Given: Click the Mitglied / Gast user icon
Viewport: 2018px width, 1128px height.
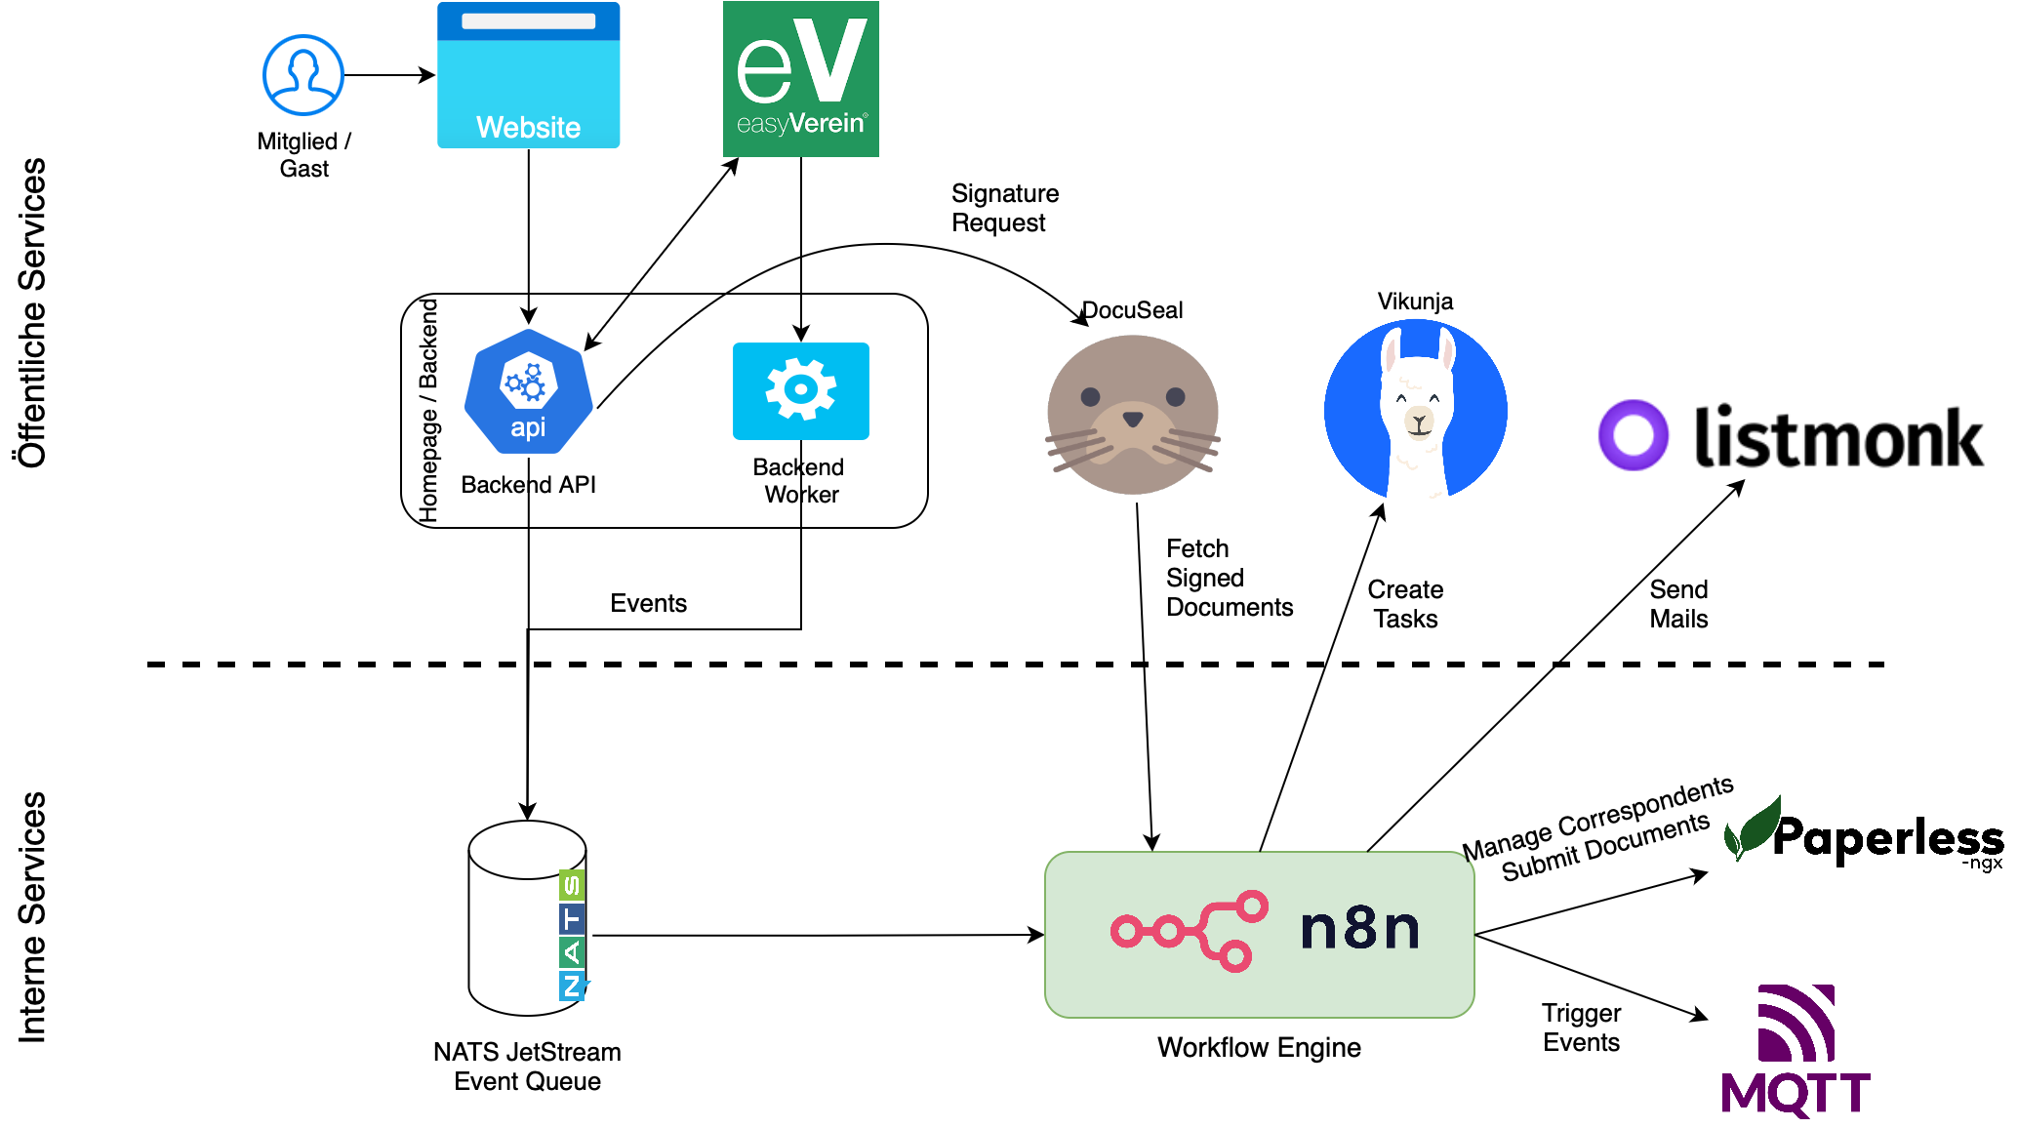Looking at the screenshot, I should click(303, 76).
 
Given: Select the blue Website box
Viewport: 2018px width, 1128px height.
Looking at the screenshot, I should click(528, 76).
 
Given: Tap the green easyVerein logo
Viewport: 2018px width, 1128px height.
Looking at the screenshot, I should click(800, 79).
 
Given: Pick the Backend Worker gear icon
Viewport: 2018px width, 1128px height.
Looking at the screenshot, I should click(800, 390).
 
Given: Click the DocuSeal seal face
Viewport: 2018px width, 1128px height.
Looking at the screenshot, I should click(1132, 415).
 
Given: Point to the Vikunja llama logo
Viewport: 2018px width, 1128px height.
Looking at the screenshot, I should click(1415, 410).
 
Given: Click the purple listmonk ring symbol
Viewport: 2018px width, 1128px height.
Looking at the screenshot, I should click(1633, 435).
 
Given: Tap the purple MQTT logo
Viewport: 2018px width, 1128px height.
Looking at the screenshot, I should click(1796, 1050).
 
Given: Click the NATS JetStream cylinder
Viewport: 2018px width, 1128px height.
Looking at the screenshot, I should click(527, 917).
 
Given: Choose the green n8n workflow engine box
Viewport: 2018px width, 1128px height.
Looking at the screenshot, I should click(1259, 934).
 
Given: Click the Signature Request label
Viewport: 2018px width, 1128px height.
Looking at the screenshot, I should click(1004, 208).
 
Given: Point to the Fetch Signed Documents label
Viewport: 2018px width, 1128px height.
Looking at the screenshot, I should click(1228, 578).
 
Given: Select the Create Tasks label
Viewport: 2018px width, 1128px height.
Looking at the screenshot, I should click(1405, 604).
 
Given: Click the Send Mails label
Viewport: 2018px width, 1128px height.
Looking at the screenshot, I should click(1678, 604).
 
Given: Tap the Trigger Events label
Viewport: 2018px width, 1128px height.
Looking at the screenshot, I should click(1581, 1027).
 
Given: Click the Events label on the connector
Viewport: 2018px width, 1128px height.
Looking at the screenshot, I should click(648, 603).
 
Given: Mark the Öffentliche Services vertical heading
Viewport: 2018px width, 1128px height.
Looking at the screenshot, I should click(31, 312).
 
